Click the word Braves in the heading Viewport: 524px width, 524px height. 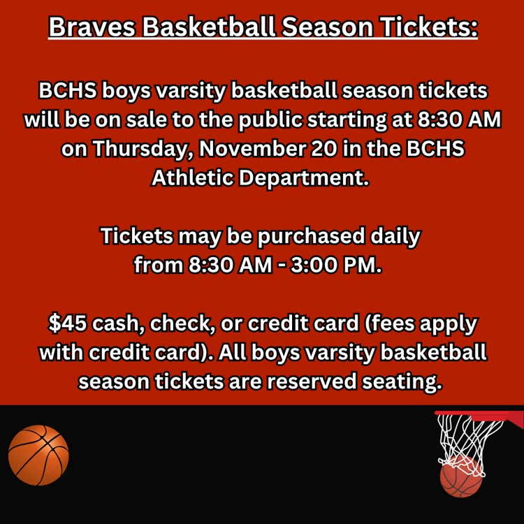click(x=92, y=27)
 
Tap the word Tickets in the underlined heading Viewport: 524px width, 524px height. click(x=430, y=27)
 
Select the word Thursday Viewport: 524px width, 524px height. click(x=140, y=149)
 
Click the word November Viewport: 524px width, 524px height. click(x=252, y=148)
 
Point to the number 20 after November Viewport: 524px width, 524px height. click(x=323, y=148)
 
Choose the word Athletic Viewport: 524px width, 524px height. click(x=193, y=177)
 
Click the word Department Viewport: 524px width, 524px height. click(x=303, y=178)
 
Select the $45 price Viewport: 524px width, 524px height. click(x=68, y=323)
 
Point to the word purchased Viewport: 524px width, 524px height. click(x=311, y=237)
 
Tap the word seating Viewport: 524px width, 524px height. click(x=402, y=382)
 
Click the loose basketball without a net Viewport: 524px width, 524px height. click(x=38, y=455)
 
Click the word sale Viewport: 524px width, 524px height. click(x=147, y=120)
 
